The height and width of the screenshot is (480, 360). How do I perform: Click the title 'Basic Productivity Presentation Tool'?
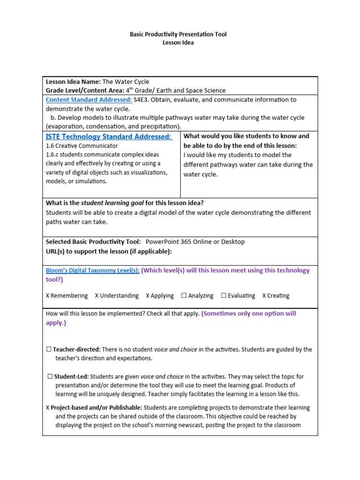(178, 34)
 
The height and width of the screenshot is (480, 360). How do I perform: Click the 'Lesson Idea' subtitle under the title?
(178, 43)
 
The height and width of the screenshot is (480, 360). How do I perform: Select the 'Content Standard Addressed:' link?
(89, 99)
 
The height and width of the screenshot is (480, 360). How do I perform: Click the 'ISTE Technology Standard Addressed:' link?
(109, 136)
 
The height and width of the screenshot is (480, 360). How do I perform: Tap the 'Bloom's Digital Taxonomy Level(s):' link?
(92, 270)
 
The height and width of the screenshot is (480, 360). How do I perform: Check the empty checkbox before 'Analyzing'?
(184, 295)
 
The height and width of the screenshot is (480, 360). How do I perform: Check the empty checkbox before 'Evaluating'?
(224, 295)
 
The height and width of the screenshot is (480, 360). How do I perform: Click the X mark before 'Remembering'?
(48, 296)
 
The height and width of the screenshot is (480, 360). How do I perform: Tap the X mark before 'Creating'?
(264, 296)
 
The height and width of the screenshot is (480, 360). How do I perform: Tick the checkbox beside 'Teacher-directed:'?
(49, 349)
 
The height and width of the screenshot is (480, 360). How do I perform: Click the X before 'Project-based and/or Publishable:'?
(48, 408)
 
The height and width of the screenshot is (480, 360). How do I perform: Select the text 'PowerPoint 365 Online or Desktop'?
(195, 242)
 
